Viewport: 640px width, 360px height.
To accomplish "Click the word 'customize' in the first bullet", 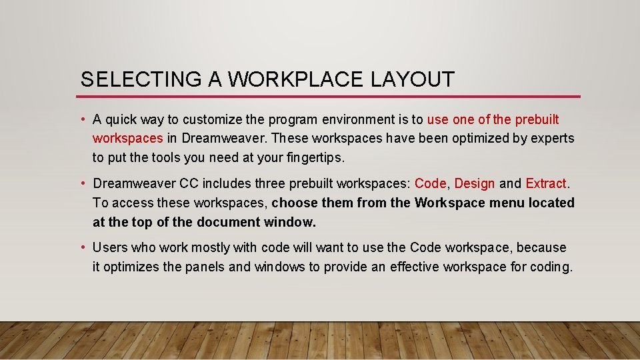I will (x=209, y=120).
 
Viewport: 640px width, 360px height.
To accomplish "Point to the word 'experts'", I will (x=551, y=139).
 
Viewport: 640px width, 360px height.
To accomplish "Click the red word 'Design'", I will (x=475, y=183).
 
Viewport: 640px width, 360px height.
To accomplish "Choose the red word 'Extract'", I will (x=545, y=183).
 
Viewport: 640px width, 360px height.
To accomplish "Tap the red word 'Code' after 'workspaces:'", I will (x=430, y=183).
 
